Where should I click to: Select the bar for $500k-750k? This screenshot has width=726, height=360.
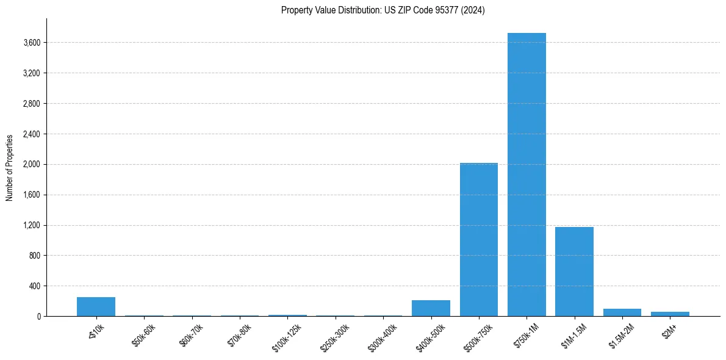click(x=479, y=239)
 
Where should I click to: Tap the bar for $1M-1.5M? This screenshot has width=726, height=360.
click(x=574, y=272)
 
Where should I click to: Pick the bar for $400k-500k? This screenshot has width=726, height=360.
click(x=431, y=308)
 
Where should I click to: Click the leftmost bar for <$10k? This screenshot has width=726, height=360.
click(x=96, y=307)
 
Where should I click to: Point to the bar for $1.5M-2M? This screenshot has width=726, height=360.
click(x=622, y=312)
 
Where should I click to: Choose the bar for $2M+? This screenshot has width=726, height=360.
click(x=670, y=314)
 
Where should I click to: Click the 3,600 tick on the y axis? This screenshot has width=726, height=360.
click(x=32, y=43)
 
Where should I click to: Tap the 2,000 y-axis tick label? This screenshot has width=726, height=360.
click(x=32, y=165)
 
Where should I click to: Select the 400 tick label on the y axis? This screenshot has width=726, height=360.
click(x=35, y=286)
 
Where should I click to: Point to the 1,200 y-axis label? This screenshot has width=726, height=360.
click(x=32, y=225)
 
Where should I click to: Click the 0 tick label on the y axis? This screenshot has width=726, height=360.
click(x=38, y=317)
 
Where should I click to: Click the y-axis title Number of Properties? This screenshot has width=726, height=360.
click(x=10, y=168)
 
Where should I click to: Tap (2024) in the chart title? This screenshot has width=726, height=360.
click(x=473, y=10)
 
